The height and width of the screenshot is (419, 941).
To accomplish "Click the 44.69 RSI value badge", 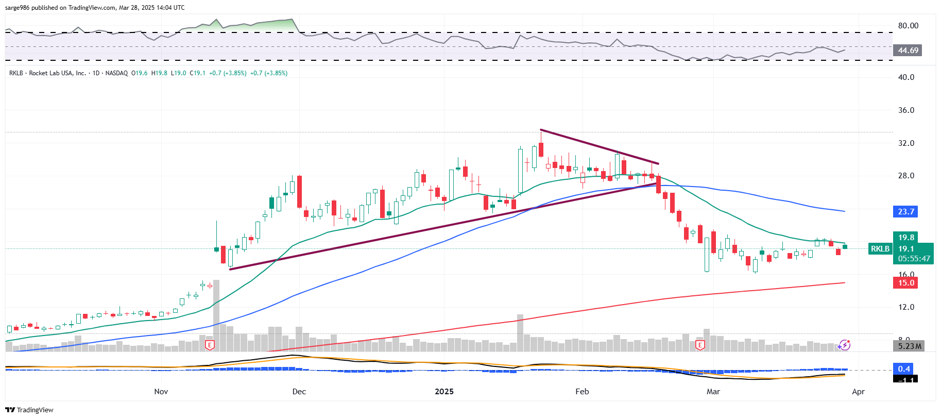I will click(908, 51).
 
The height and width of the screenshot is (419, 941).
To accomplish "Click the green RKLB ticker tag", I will click(880, 249).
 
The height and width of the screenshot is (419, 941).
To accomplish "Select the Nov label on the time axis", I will click(161, 392).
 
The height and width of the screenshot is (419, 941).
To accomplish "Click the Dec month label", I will click(299, 392).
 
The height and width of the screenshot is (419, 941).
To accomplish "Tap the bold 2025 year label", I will click(444, 392).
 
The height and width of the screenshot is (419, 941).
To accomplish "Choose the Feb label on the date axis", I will click(582, 392).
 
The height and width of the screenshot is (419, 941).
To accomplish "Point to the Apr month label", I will click(858, 392).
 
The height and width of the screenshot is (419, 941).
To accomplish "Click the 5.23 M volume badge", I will click(909, 346).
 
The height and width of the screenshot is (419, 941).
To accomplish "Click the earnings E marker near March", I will click(699, 345).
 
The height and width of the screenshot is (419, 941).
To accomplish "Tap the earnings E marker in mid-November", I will click(210, 345).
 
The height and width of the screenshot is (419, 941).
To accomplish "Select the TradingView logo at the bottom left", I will click(29, 410).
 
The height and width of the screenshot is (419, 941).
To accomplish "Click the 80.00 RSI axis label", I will click(908, 26).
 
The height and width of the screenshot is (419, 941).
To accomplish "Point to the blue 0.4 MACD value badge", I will click(904, 368).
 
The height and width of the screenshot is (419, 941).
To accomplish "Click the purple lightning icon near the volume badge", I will click(844, 345).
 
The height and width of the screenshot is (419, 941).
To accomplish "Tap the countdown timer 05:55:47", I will click(914, 259).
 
